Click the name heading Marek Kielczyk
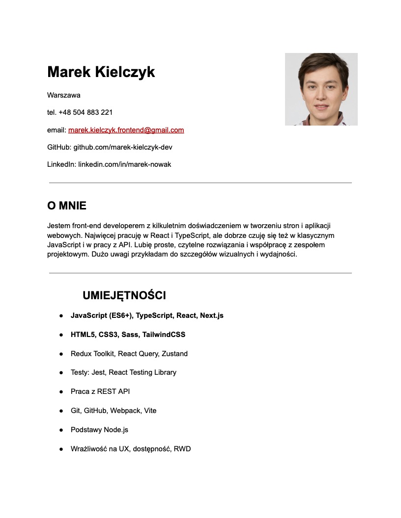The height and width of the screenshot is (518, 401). tap(101, 72)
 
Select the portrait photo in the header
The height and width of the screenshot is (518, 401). tap(321, 89)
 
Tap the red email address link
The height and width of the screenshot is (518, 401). tap(126, 130)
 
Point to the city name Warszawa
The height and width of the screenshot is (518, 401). tap(64, 95)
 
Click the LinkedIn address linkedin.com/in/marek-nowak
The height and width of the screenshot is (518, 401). tap(124, 164)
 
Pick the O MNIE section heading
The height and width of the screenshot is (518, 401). tap(67, 206)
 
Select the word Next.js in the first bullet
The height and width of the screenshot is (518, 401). tap(212, 315)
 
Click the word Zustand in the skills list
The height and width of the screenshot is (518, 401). tap(174, 354)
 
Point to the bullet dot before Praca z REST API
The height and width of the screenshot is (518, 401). tap(61, 392)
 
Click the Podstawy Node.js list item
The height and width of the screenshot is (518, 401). tap(99, 430)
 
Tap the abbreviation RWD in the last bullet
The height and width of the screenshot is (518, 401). tap(182, 449)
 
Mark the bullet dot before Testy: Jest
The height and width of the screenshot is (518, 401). tap(61, 373)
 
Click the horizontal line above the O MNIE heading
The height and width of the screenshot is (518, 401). tap(200, 183)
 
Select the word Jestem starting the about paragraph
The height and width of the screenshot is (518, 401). tap(58, 226)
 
